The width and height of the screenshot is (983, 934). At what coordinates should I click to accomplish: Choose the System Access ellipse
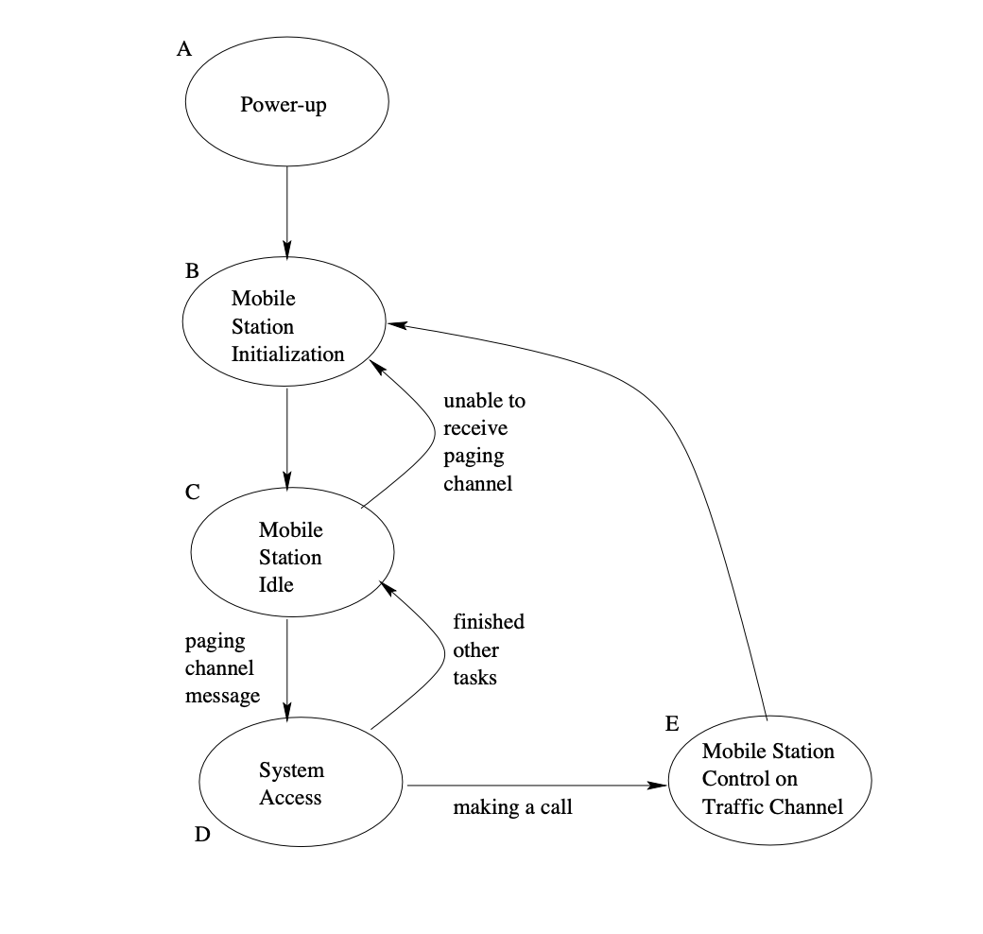point(300,783)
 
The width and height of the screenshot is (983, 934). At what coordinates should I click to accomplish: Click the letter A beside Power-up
point(184,49)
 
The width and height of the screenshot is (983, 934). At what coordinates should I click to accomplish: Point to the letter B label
point(192,270)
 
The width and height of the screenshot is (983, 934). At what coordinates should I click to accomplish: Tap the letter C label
point(192,492)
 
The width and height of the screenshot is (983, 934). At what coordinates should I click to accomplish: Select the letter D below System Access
point(201,835)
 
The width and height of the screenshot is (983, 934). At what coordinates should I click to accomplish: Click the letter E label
point(672,724)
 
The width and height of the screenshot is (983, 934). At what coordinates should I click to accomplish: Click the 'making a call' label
point(512,808)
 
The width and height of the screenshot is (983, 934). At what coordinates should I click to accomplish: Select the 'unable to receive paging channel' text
point(484,441)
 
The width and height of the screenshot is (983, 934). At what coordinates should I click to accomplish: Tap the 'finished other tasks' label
point(488,649)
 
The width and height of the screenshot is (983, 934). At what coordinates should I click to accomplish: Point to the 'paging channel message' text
point(222,668)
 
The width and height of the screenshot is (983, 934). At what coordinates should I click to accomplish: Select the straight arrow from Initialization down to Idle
point(286,436)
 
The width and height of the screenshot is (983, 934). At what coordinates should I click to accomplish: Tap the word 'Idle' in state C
point(276,585)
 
